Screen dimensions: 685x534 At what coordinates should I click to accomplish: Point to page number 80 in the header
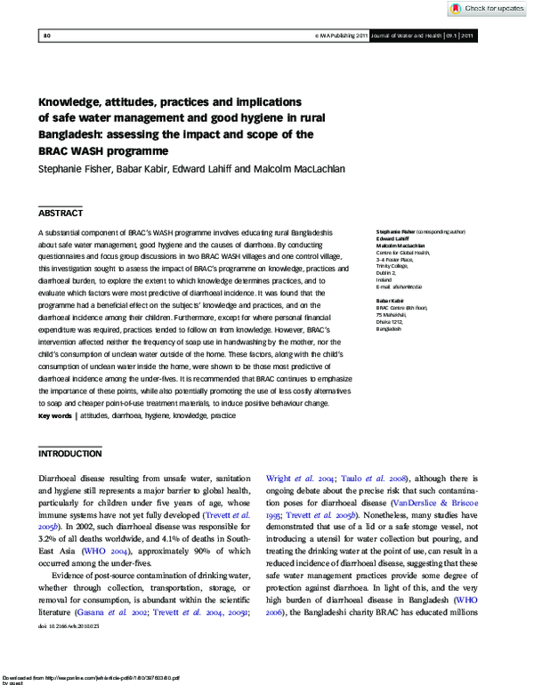pos(46,36)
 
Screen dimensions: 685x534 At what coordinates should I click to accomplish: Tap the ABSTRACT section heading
pos(61,214)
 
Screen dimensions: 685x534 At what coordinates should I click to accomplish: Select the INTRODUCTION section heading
pos(70,454)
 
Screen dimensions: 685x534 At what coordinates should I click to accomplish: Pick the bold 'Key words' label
pos(55,415)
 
